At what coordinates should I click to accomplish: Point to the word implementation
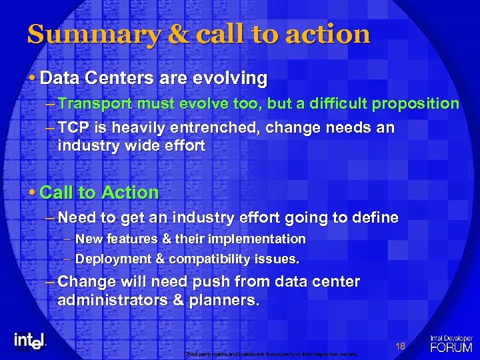coord(262,239)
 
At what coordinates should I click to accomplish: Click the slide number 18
coord(401,345)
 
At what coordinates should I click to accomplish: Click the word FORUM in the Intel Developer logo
coord(451,347)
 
